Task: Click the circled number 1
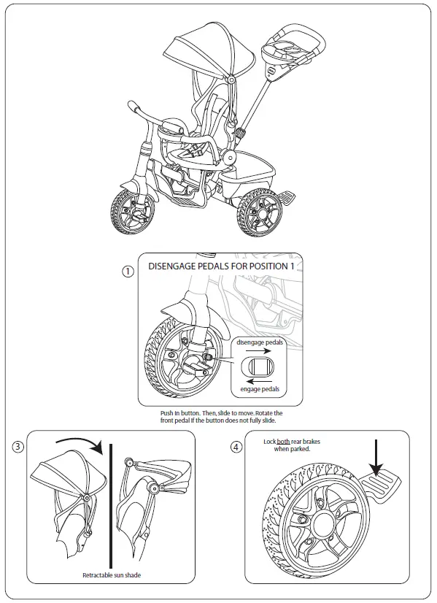coord(128,271)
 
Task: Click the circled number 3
coord(18,448)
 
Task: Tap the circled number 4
coord(236,447)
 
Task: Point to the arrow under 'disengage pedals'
coord(259,350)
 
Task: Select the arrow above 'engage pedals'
coord(259,380)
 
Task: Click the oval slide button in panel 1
coord(259,365)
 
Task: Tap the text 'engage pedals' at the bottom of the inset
coord(260,390)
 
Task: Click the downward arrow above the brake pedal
coord(377,457)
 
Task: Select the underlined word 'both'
coord(283,442)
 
